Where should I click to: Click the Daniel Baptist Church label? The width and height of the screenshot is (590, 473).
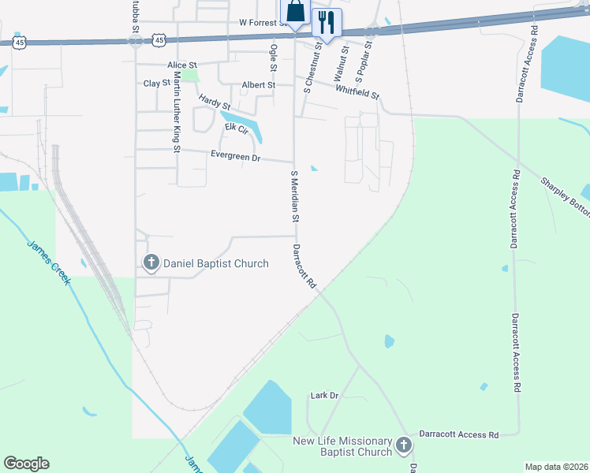tap(215, 263)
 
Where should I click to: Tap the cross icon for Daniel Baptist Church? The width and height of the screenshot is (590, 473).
tap(150, 263)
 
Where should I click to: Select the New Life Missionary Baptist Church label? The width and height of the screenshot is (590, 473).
tap(342, 445)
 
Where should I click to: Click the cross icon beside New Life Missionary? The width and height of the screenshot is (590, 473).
tap(403, 446)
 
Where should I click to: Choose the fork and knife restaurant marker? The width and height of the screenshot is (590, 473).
tap(327, 22)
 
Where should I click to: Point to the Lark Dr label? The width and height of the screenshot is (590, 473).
tap(324, 395)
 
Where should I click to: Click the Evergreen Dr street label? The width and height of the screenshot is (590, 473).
tap(235, 157)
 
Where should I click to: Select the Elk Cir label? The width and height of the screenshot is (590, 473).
tap(237, 127)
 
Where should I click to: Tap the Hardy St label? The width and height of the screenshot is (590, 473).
tap(215, 102)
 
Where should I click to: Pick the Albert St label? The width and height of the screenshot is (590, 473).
tap(259, 84)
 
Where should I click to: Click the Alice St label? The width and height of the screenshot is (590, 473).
tap(181, 65)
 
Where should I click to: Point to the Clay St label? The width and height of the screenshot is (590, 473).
tap(156, 83)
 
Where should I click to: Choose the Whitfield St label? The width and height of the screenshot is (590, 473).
tap(357, 92)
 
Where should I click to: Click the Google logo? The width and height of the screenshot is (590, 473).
tap(26, 464)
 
